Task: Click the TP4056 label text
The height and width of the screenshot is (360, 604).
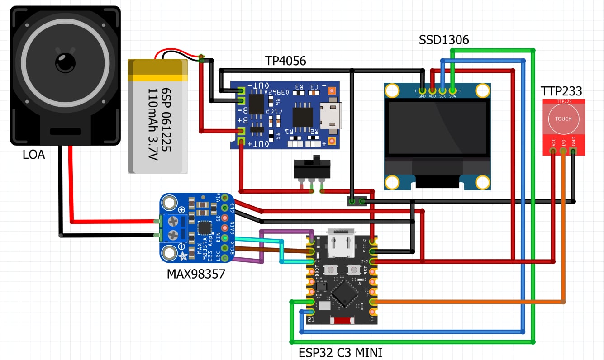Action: (285, 61)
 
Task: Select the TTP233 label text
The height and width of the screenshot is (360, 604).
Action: (561, 91)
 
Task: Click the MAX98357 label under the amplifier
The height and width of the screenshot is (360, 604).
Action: (196, 274)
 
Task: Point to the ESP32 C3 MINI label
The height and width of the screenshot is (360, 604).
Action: (343, 352)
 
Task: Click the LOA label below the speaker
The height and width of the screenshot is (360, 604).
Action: (34, 155)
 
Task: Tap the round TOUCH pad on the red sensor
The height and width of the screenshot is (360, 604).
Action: (563, 119)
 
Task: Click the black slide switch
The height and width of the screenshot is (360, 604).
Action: (312, 169)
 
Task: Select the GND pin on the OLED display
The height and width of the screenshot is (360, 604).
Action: (422, 91)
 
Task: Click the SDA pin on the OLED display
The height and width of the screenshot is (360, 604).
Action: (452, 91)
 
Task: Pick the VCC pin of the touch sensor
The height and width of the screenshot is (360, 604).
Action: (553, 151)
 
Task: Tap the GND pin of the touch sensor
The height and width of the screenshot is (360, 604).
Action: (573, 151)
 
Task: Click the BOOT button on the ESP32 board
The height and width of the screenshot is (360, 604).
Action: (331, 270)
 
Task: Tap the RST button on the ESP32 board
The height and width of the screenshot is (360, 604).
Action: (353, 270)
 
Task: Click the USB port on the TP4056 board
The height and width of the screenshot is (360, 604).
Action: (331, 115)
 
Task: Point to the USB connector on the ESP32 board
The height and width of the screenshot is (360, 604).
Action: (342, 242)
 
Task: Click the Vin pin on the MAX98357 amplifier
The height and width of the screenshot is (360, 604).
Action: (224, 197)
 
